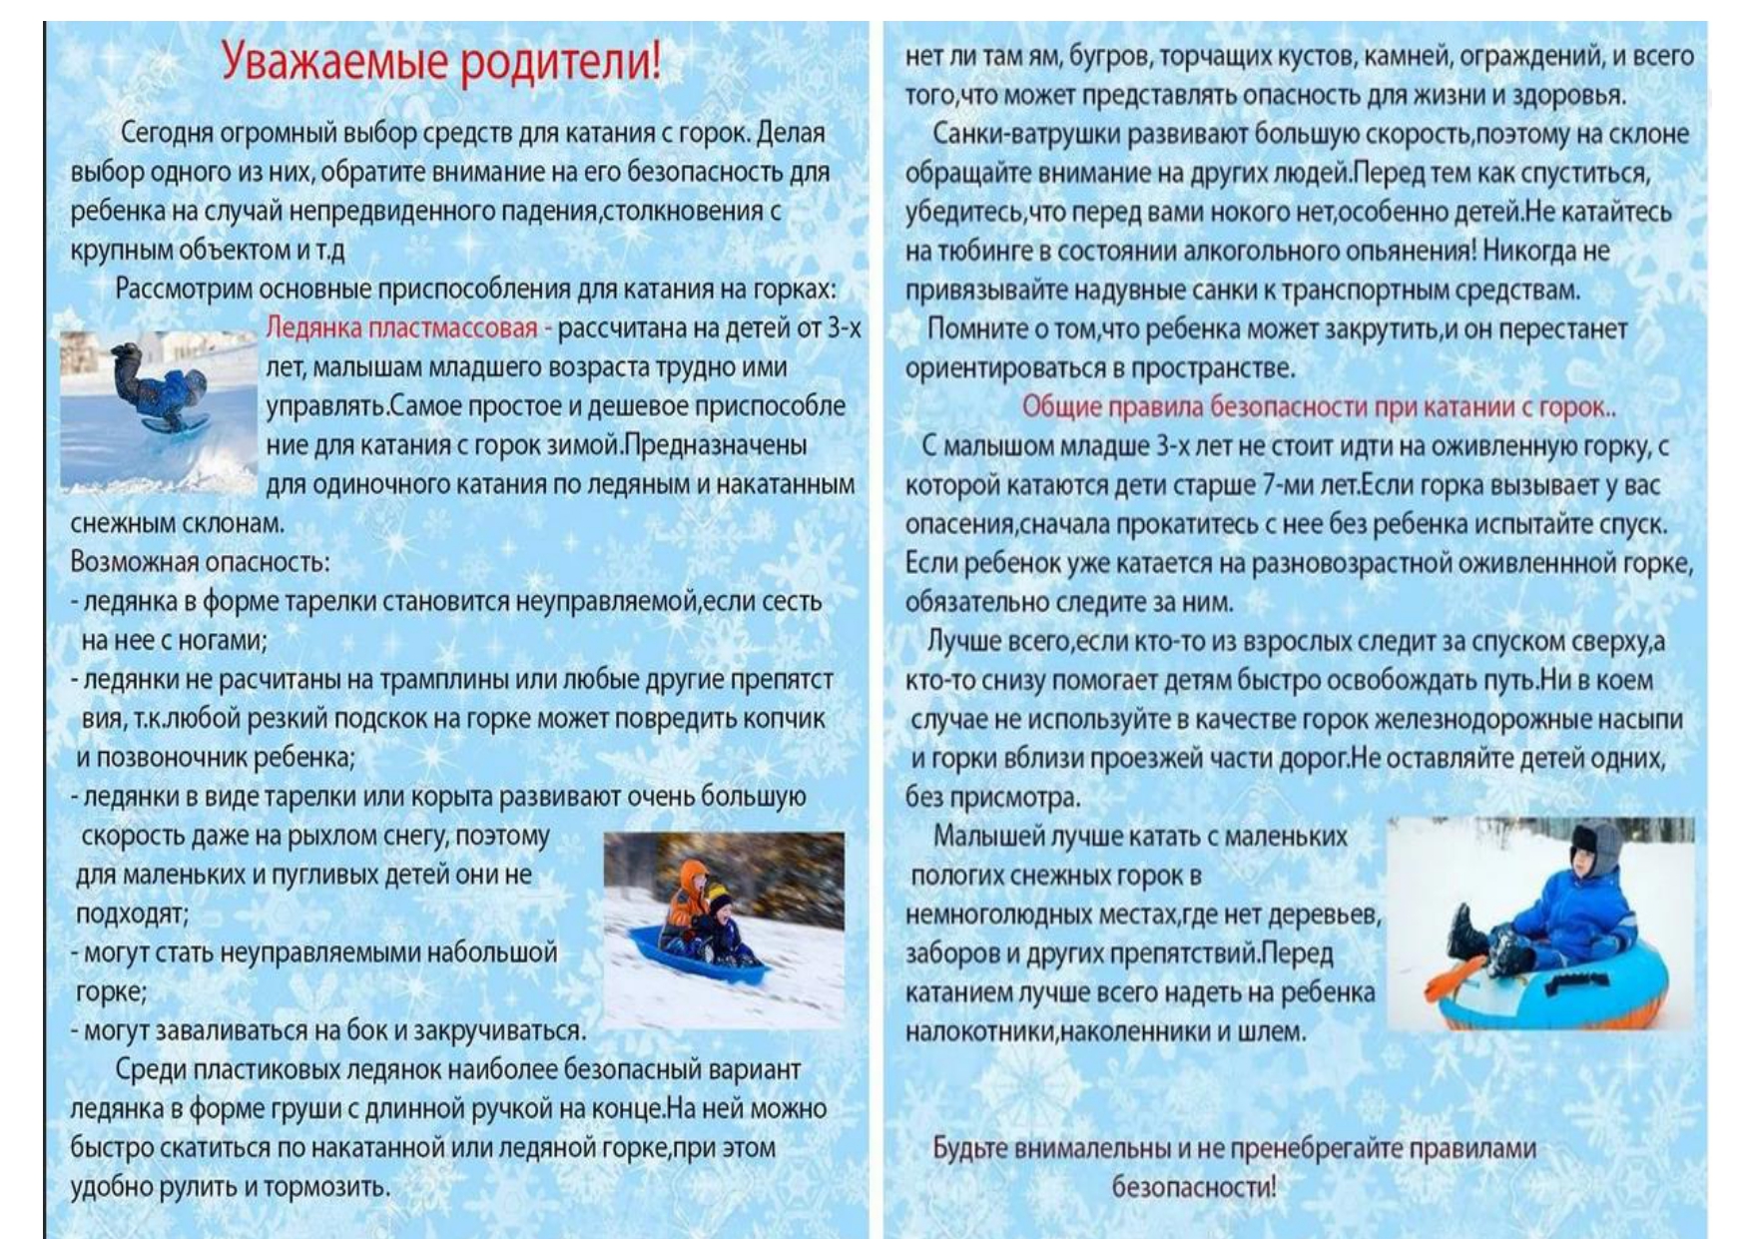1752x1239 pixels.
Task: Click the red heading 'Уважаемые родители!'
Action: (x=440, y=62)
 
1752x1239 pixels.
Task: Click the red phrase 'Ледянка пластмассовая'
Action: (x=401, y=328)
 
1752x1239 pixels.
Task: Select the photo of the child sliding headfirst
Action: (x=157, y=409)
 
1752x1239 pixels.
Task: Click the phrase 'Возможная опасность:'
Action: (x=200, y=562)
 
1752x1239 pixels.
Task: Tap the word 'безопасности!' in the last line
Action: (x=1193, y=1187)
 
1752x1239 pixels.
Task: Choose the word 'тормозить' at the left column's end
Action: (x=338, y=1187)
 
